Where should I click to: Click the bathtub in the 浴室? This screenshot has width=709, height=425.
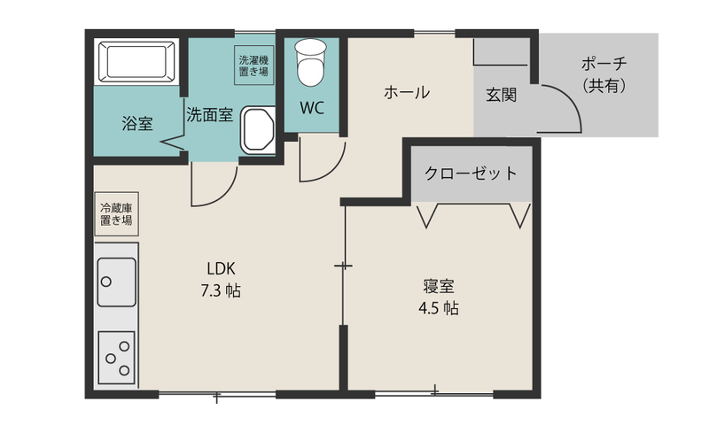(x=136, y=62)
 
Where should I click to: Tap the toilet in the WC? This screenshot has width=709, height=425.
(x=311, y=62)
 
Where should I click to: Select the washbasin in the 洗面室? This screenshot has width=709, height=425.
(x=257, y=130)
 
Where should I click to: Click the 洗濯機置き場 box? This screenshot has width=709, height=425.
(x=253, y=65)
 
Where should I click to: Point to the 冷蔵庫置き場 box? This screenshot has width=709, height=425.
(x=116, y=214)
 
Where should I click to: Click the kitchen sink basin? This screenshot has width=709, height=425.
(x=117, y=282)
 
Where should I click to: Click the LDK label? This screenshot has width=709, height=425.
(x=221, y=269)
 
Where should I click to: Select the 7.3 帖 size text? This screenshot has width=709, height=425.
(x=221, y=290)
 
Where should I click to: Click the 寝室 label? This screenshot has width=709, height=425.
(x=439, y=286)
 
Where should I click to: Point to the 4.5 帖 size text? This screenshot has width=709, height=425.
(x=439, y=308)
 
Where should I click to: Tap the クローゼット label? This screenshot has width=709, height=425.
(x=471, y=173)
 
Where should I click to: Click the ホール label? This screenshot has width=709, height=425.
(x=407, y=93)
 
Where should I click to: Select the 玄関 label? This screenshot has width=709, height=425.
(x=501, y=95)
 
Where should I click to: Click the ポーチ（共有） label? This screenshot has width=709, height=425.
(x=604, y=74)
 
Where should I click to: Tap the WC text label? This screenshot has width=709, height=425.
(x=312, y=108)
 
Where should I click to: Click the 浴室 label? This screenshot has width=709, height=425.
(x=137, y=123)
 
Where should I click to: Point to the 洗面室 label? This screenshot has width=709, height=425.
(x=210, y=115)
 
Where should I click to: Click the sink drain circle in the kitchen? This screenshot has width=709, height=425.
(x=106, y=282)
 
